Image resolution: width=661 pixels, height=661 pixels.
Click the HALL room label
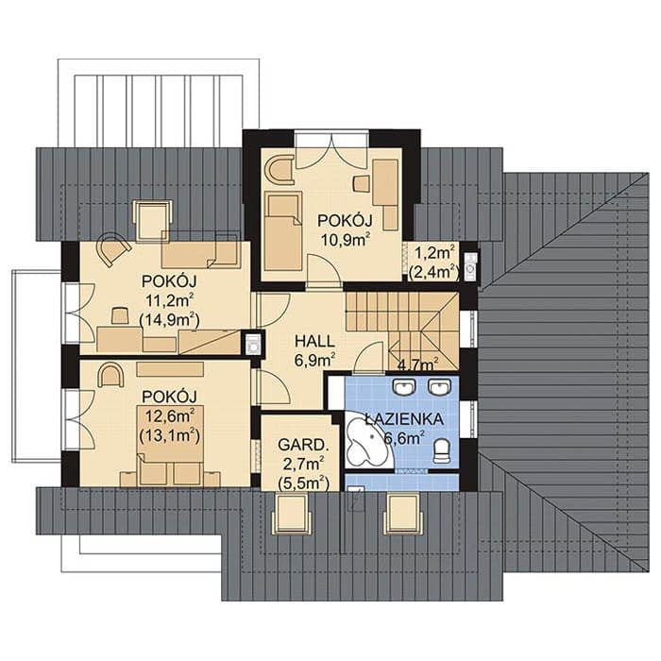click(x=314, y=341)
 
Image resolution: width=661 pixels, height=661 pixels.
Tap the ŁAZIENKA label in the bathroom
click(x=404, y=419)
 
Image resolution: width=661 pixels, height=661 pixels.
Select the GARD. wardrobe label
click(x=302, y=445)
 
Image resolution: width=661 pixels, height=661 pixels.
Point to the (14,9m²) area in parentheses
click(x=169, y=320)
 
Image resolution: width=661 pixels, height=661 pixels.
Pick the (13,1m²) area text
click(x=169, y=436)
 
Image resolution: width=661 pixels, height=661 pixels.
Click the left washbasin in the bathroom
click(x=404, y=386)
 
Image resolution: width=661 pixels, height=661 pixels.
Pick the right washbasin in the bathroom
click(x=440, y=386)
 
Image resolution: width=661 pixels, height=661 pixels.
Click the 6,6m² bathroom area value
click(x=404, y=438)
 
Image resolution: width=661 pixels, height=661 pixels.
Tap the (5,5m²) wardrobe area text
click(x=303, y=483)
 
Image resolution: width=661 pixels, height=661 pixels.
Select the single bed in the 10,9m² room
click(x=283, y=231)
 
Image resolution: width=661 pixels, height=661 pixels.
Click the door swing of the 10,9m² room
click(x=323, y=272)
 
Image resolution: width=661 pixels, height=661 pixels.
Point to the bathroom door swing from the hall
click(x=368, y=358)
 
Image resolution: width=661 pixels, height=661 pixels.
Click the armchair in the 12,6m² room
click(x=110, y=376)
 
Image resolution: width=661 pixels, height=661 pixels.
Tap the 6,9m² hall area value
click(x=314, y=360)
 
